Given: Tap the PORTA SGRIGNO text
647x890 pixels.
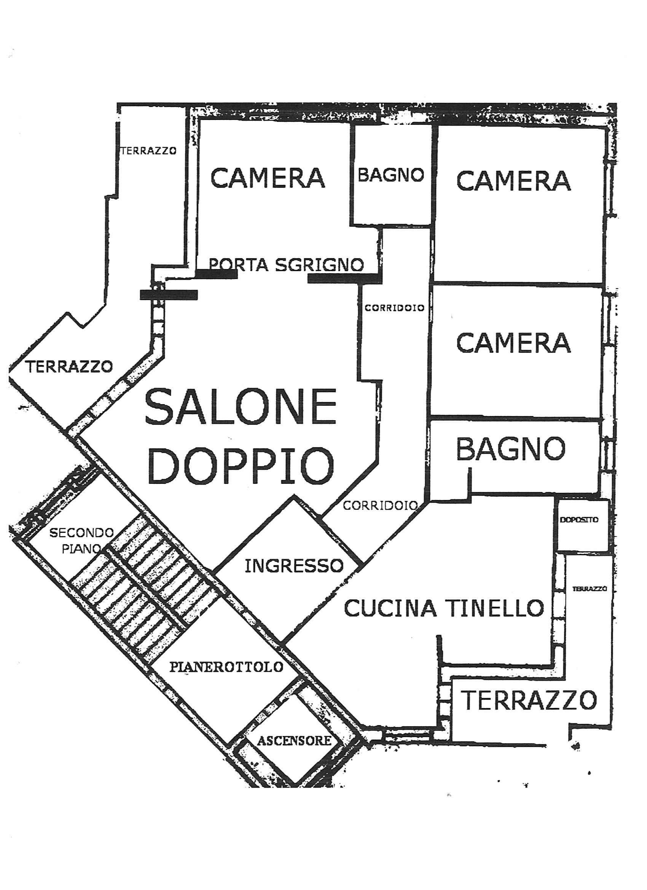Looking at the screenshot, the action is tap(287, 265).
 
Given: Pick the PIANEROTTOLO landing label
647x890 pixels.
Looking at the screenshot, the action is tap(226, 667).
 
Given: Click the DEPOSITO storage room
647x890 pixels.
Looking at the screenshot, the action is tap(579, 520).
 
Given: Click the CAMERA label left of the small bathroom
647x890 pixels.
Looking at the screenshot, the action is tap(268, 177).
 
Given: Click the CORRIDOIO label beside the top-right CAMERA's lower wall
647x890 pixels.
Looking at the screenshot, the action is tap(394, 308).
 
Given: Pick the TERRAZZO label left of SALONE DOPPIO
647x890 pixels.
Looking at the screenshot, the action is tap(69, 367).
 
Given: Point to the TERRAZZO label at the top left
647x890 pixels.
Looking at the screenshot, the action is tap(149, 151).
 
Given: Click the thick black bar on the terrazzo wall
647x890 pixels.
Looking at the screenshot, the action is tap(169, 295).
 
